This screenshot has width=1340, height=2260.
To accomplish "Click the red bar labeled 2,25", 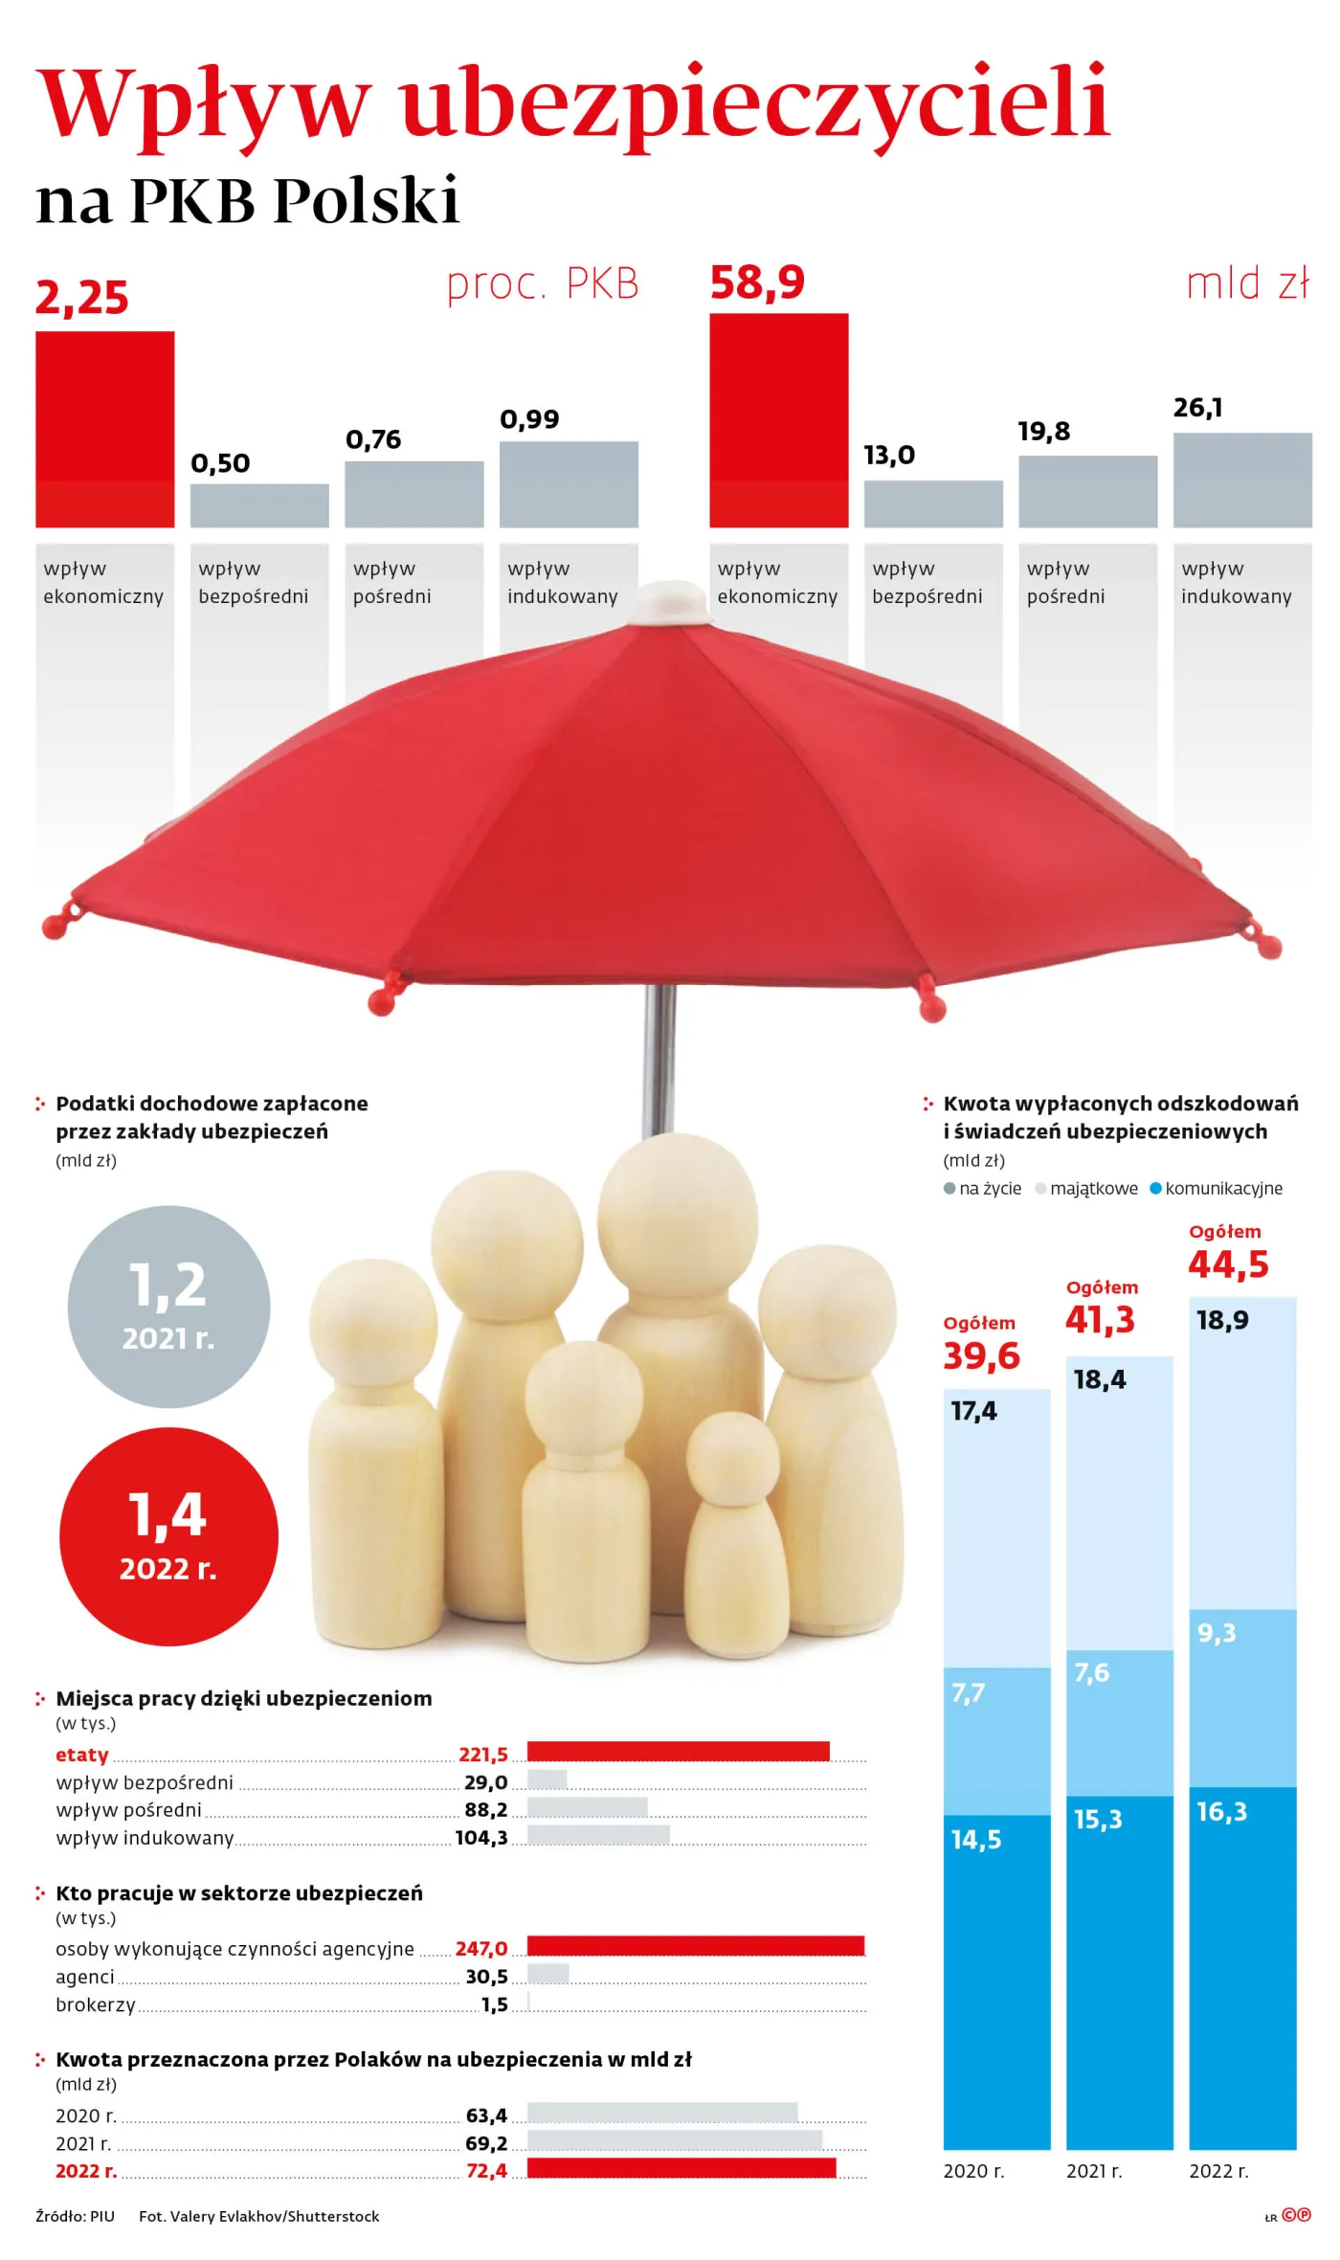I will click(104, 429).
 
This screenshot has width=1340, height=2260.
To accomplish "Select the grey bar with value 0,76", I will click(413, 494).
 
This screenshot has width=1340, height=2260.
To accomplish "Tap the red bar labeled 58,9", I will click(778, 419).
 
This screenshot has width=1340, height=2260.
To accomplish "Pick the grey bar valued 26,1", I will click(1241, 480).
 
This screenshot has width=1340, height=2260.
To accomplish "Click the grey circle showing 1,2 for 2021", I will click(168, 1307).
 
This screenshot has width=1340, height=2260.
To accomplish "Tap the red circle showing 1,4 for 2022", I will click(168, 1537).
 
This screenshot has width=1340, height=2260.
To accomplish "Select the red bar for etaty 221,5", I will click(678, 1751).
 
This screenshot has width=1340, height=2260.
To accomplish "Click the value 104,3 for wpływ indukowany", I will click(481, 1838).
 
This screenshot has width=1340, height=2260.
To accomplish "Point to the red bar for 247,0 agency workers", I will click(695, 1945).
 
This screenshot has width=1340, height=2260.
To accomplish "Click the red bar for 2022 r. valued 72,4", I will click(681, 2168).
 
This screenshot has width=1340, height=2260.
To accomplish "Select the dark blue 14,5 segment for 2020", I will click(996, 1981).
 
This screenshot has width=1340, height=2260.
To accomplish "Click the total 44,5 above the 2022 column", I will click(1228, 1264).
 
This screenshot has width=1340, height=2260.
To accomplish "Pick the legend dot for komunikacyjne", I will click(1155, 1188).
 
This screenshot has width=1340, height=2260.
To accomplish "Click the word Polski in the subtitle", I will click(367, 201).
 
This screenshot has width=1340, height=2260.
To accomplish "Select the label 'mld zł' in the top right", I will click(1247, 284).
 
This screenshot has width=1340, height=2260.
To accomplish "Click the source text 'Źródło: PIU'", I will click(75, 2216).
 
